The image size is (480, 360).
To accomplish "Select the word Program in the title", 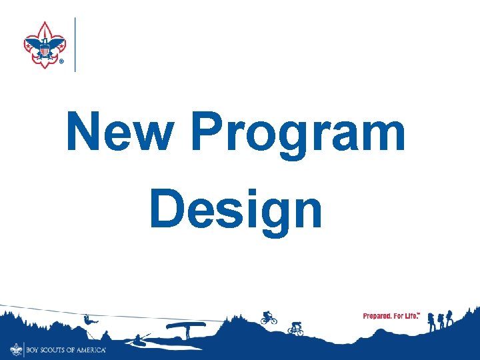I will (298, 133).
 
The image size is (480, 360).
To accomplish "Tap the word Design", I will (236, 209).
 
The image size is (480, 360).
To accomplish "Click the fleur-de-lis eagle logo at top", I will (45, 45).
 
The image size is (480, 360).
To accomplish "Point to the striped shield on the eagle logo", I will (45, 49).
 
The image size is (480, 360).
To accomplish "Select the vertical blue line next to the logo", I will (75, 44).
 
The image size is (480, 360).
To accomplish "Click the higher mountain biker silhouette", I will (268, 317).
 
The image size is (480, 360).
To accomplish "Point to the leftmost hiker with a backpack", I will (432, 321).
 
